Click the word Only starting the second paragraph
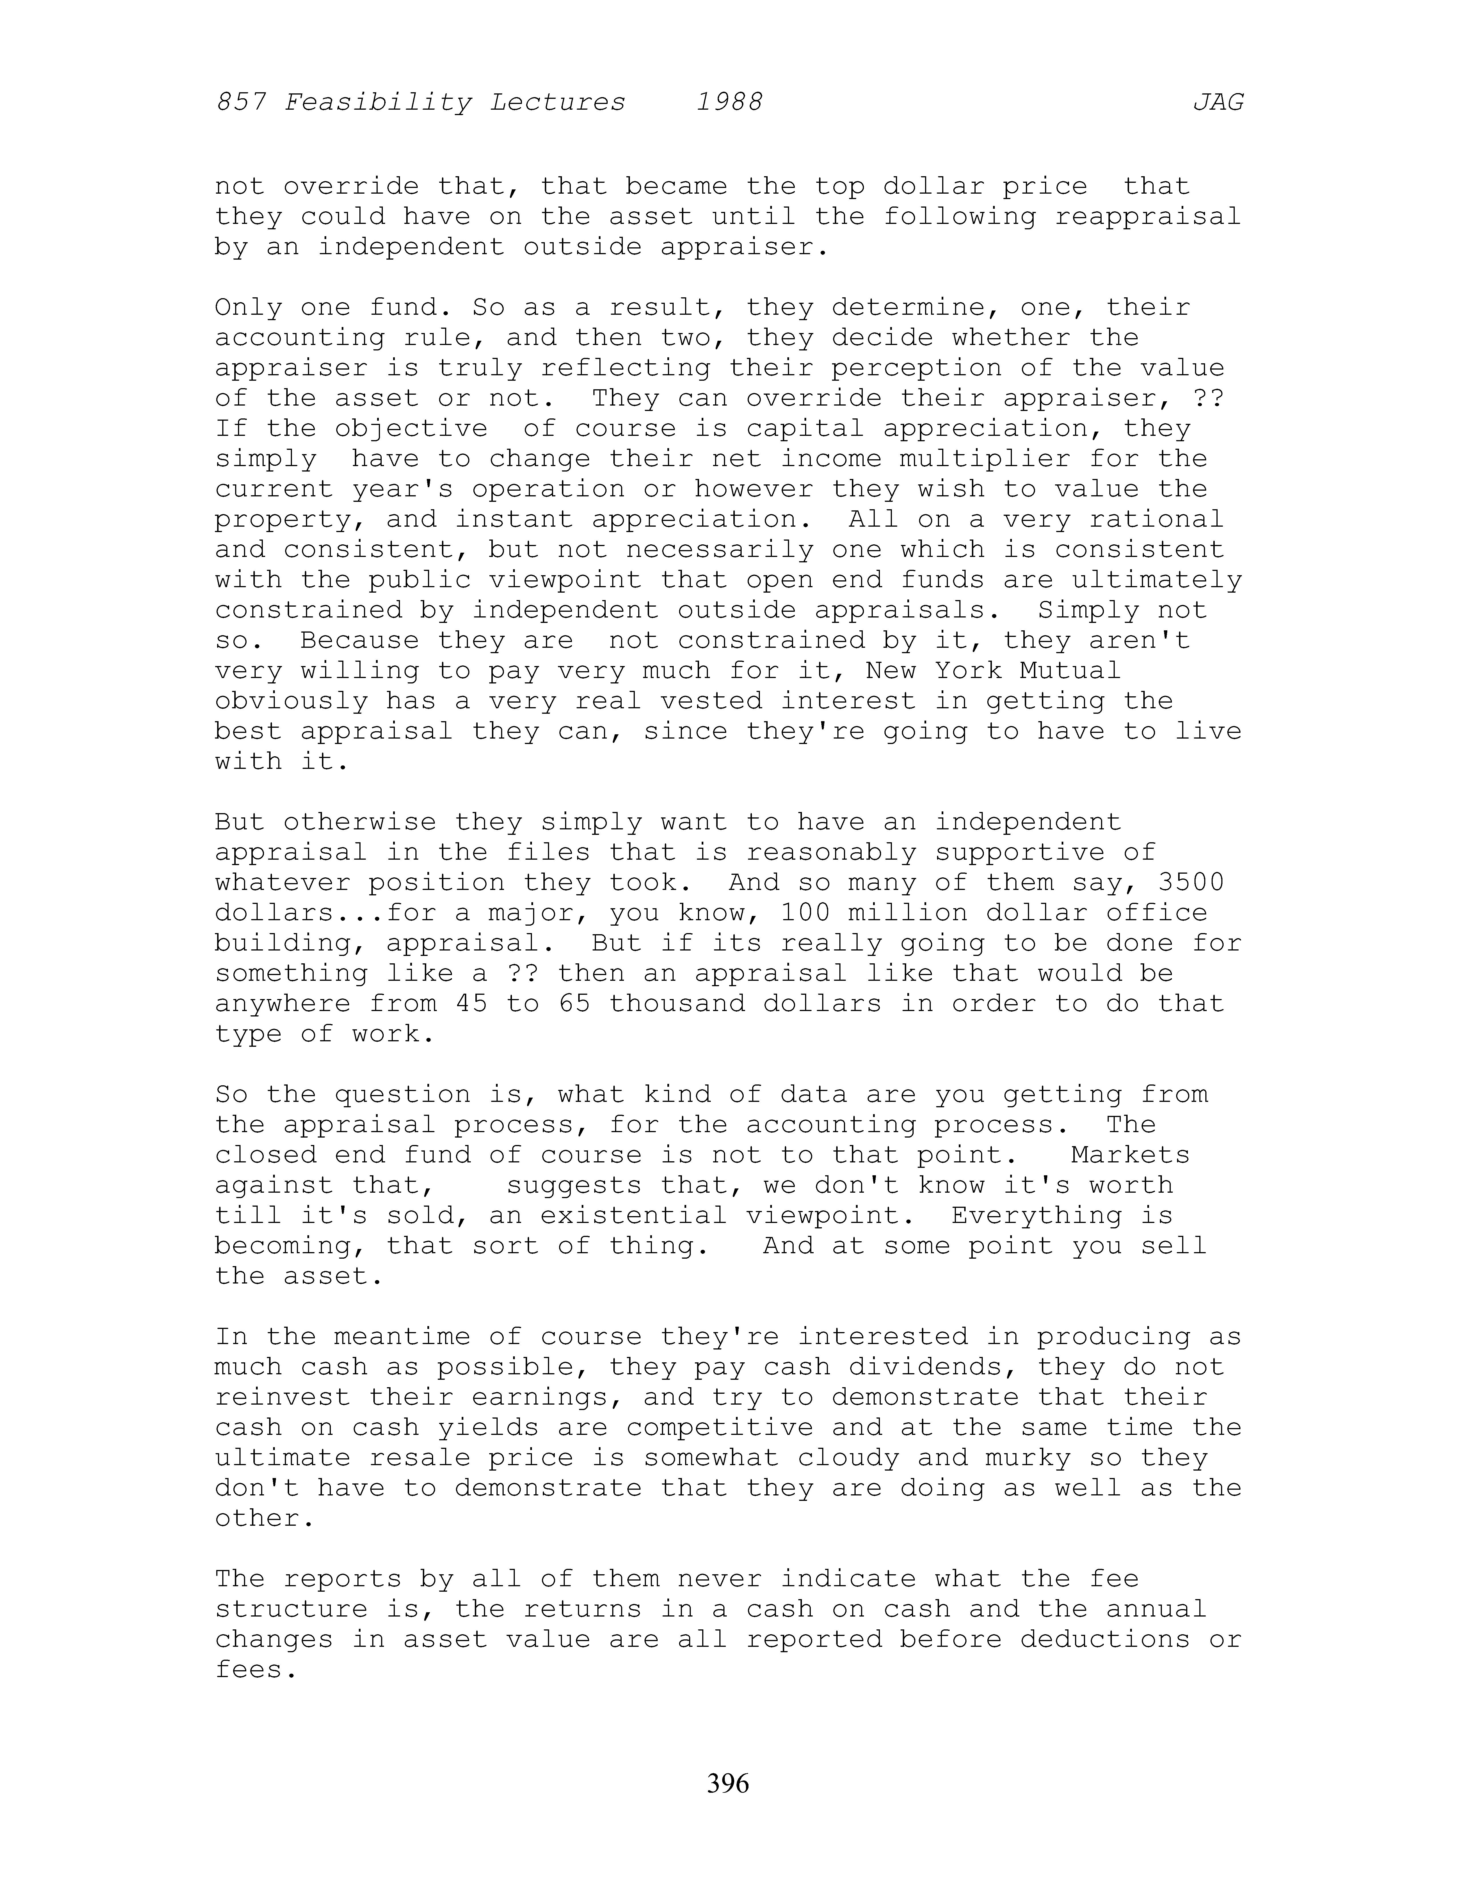[249, 308]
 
